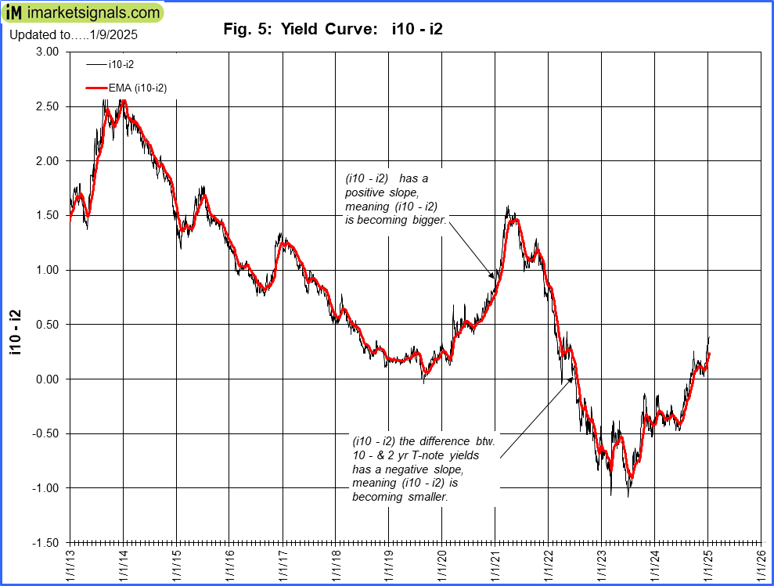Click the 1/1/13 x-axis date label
point(70,563)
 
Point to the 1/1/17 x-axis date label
point(283,563)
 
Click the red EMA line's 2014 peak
point(123,101)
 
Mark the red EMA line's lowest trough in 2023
point(630,476)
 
